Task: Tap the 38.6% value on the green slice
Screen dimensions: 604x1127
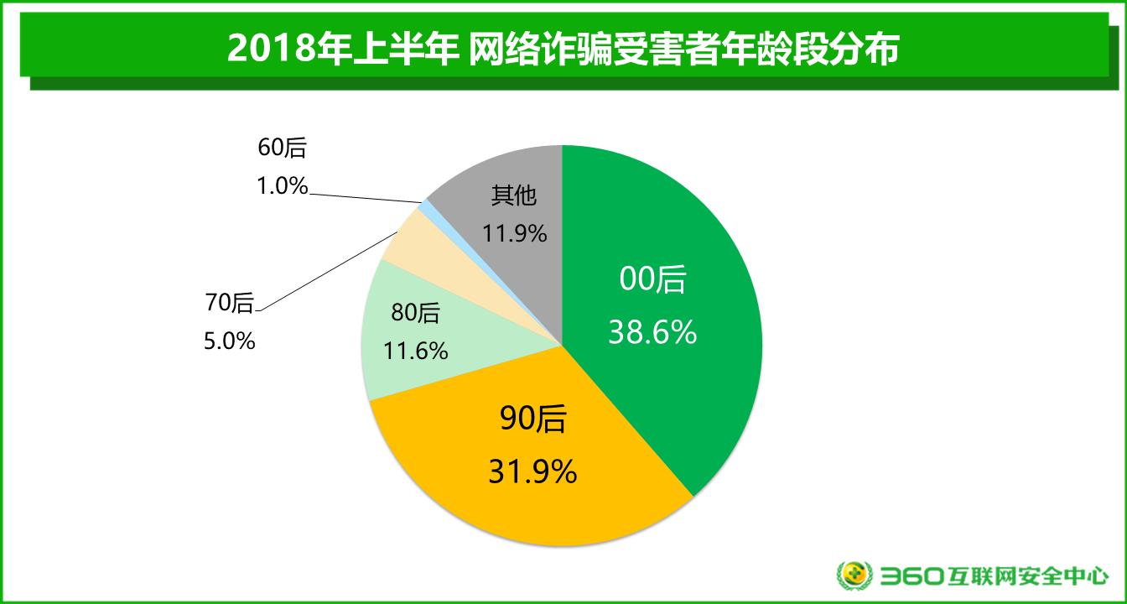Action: click(652, 333)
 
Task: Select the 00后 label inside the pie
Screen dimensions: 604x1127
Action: click(652, 280)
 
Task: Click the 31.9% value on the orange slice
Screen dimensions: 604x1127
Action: click(532, 471)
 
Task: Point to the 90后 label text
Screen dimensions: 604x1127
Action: click(532, 419)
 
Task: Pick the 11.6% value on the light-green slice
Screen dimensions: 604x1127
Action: click(415, 350)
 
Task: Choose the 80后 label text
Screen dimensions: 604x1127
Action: click(415, 314)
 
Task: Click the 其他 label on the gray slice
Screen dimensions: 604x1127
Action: click(513, 197)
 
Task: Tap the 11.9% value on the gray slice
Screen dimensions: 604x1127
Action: click(514, 233)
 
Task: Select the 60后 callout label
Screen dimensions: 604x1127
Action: click(283, 148)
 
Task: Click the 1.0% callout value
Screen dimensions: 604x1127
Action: click(283, 185)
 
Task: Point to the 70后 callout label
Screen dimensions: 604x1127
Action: click(230, 303)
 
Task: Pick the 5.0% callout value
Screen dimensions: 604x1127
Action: click(230, 341)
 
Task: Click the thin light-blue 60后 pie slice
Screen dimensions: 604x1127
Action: click(427, 206)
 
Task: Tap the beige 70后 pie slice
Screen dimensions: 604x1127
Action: click(410, 239)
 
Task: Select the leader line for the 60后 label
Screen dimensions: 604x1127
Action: click(365, 198)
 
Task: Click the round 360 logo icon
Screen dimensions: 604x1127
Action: click(854, 575)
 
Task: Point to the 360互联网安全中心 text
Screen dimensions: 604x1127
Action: click(995, 576)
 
